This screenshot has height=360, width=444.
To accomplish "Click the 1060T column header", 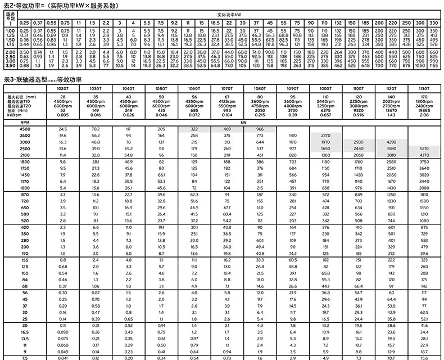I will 193,89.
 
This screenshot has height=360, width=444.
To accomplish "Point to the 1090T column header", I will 292,89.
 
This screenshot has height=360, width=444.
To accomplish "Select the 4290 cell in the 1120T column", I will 391,142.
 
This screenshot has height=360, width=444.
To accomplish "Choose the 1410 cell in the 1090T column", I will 292,136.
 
